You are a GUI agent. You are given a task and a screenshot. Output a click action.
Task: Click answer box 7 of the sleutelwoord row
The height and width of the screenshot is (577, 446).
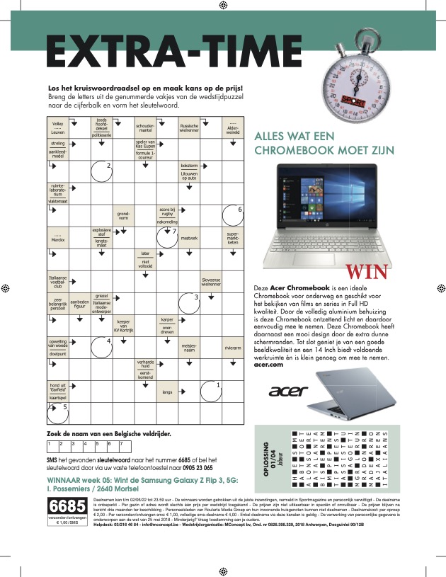[125, 446]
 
